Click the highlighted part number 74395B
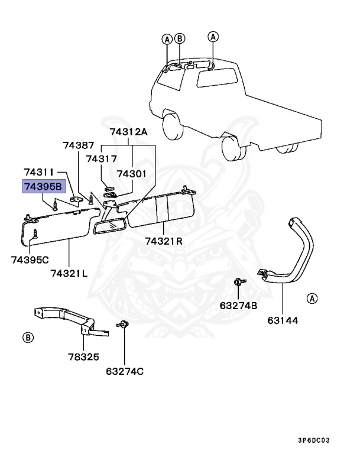point(42,187)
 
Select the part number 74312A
point(128,132)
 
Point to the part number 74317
point(101,158)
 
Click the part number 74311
point(39,172)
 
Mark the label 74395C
point(30,260)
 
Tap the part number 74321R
point(164,241)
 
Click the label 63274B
point(238,306)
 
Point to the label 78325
point(83,357)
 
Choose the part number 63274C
point(125,371)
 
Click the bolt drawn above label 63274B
point(238,283)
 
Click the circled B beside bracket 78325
point(27,338)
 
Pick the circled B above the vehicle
point(180,39)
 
